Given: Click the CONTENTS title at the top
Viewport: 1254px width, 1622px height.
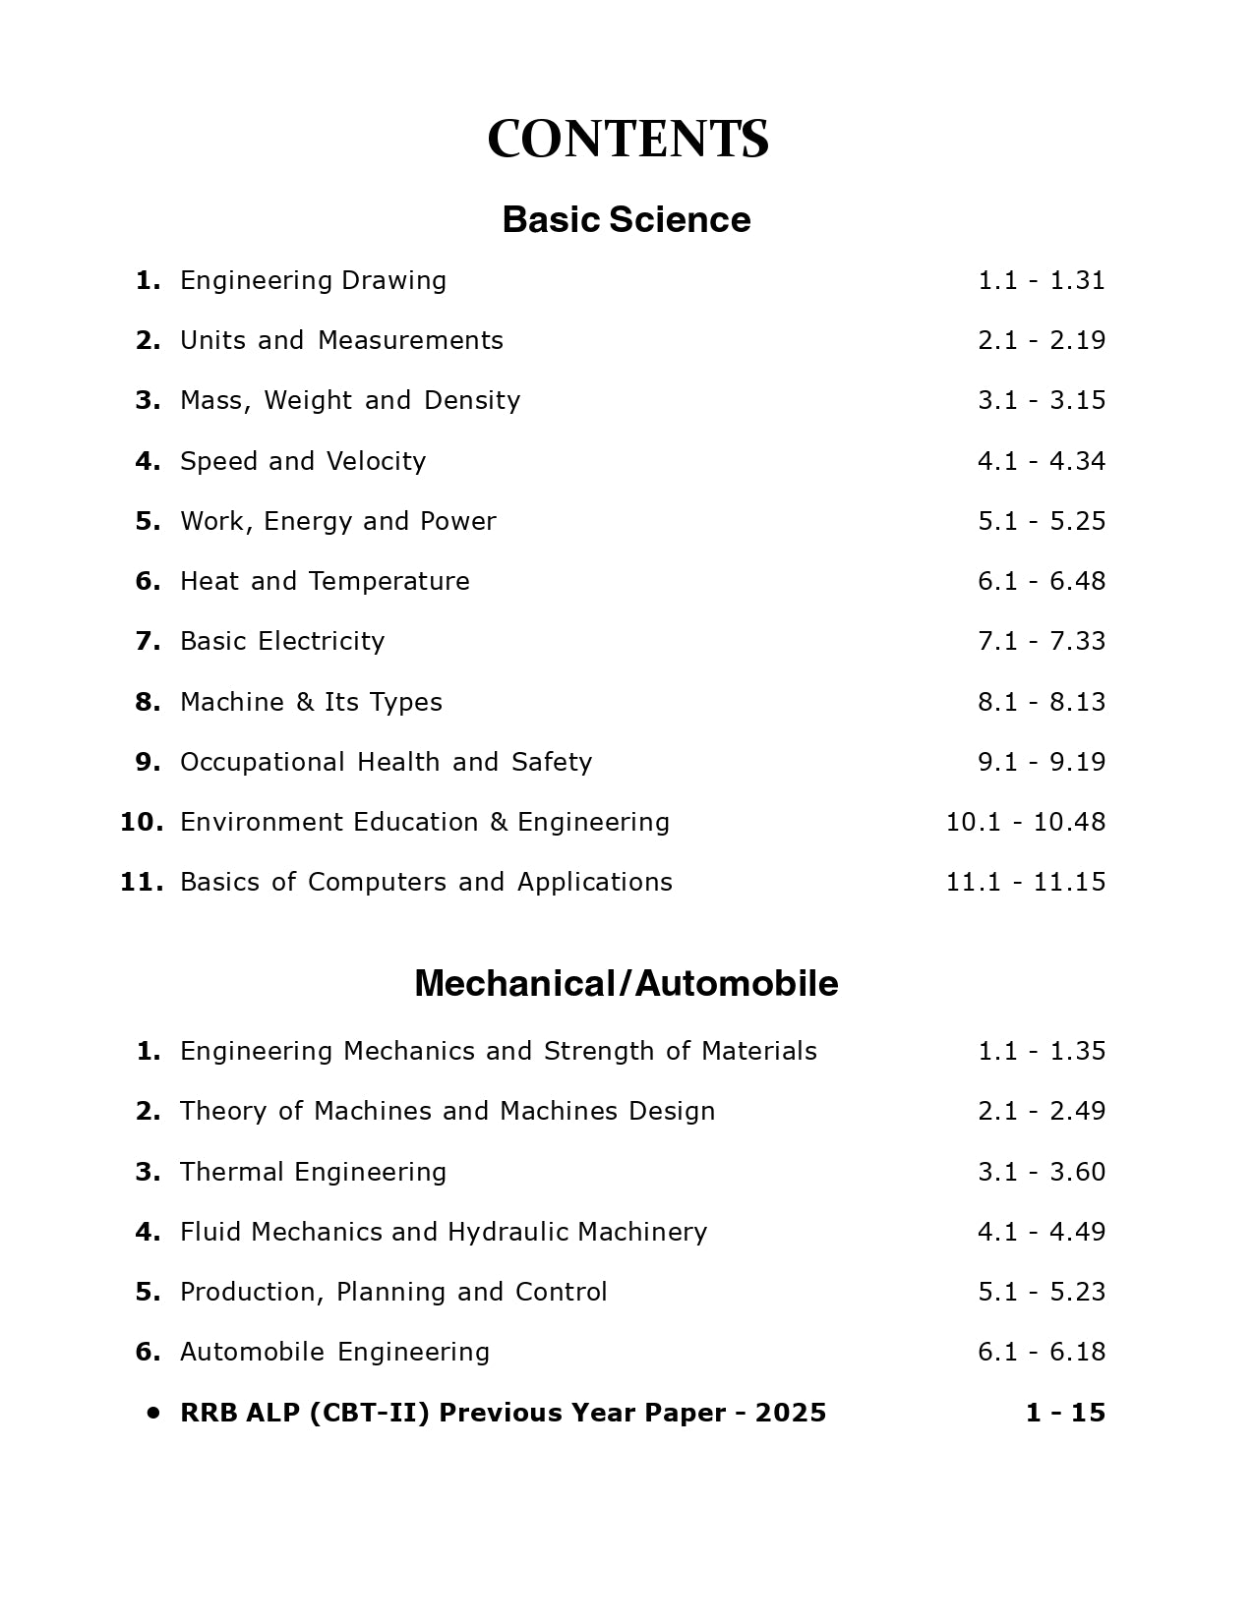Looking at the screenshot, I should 627,139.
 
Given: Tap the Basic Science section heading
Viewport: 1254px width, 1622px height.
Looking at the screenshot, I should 626,219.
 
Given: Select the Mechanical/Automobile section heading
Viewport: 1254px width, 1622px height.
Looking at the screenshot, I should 626,983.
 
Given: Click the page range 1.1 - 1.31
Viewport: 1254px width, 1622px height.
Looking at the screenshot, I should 1041,280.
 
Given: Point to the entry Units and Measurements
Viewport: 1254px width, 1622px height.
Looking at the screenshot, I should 341,340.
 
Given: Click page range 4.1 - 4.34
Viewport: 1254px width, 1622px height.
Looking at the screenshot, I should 1041,461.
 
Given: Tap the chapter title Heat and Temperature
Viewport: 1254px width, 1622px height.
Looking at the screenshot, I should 325,581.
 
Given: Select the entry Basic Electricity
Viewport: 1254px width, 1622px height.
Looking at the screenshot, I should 282,641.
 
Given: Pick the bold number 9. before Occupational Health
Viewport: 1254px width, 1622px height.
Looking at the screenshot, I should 148,762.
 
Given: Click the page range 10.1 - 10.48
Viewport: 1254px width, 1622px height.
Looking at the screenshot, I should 1025,822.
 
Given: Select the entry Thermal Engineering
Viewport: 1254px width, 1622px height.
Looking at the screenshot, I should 313,1172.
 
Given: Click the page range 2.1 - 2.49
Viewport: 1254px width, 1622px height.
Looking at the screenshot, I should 1041,1111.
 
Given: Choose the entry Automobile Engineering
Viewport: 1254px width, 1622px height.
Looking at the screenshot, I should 334,1352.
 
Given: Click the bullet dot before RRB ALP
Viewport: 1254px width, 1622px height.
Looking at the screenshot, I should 152,1413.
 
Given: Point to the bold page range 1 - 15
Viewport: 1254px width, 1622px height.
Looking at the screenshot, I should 1065,1413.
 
